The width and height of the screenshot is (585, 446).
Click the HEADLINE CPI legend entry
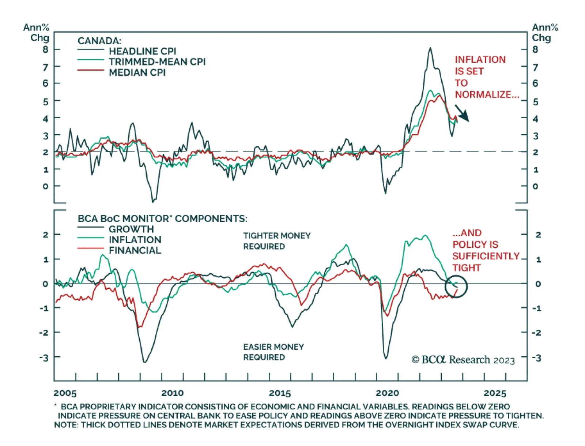(142, 51)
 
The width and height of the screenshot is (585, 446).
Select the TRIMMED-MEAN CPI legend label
(157, 62)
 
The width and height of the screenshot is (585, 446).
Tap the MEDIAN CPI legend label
(137, 72)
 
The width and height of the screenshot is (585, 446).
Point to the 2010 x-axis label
(172, 393)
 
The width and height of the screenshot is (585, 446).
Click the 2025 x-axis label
(495, 393)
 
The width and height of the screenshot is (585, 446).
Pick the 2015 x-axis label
(280, 393)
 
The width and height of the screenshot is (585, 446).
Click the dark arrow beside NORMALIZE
(462, 113)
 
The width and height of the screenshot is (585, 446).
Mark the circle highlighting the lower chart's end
(456, 286)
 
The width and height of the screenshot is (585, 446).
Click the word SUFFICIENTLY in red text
(486, 256)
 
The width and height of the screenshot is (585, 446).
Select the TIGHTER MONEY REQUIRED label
(277, 241)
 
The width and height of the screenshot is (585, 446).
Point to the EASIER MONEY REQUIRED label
(273, 352)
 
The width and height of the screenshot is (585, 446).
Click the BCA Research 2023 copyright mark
(463, 360)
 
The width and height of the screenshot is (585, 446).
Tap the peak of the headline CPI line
(430, 48)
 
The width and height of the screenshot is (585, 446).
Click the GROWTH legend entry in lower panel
(131, 229)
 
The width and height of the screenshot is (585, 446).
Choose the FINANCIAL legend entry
(135, 251)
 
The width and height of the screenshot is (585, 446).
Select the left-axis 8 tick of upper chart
(45, 49)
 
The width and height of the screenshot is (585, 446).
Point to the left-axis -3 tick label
(44, 358)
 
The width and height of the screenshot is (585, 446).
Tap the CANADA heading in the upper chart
(99, 41)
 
